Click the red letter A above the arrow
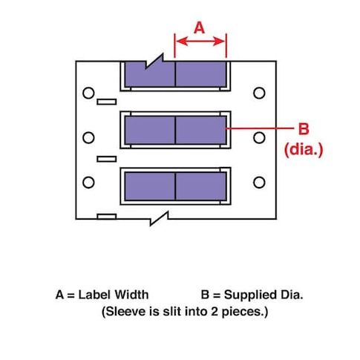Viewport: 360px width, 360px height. tap(200, 27)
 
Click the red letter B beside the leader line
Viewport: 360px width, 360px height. tap(304, 128)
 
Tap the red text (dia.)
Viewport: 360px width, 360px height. tap(304, 150)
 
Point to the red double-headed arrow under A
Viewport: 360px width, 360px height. tap(200, 42)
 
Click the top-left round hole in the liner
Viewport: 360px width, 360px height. tap(88, 93)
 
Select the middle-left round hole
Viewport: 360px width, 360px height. tap(88, 137)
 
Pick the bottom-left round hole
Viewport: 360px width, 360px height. tap(88, 183)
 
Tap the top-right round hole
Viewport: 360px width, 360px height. tap(259, 93)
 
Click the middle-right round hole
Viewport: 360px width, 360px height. tap(259, 137)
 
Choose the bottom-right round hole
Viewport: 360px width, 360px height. tap(259, 183)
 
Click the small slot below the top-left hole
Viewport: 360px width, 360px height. tap(107, 102)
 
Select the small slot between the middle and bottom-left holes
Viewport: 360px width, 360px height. tap(107, 159)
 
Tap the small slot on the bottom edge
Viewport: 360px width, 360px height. tap(107, 217)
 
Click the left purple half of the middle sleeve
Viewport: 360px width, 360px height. tap(150, 130)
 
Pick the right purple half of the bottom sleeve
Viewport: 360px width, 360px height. tap(201, 186)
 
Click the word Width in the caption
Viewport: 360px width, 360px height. tap(131, 295)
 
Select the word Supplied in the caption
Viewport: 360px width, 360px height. tap(250, 295)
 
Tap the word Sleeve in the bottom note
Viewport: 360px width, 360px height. tap(125, 311)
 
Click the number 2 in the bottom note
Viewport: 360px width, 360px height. tap(215, 311)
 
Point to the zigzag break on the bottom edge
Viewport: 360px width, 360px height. tap(159, 218)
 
